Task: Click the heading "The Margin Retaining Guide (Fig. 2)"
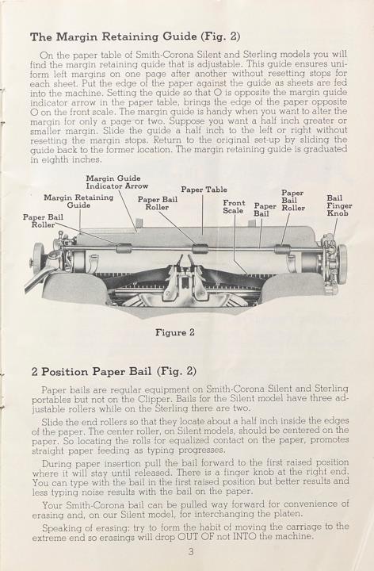pyautogui.click(x=135, y=36)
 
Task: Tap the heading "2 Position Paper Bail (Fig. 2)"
pyautogui.click(x=114, y=372)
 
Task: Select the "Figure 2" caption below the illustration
pyautogui.click(x=175, y=332)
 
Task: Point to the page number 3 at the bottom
pyautogui.click(x=191, y=552)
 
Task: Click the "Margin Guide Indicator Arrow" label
pyautogui.click(x=116, y=182)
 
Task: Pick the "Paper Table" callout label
pyautogui.click(x=204, y=190)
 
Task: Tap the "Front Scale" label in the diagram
pyautogui.click(x=234, y=206)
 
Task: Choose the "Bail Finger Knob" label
pyautogui.click(x=339, y=205)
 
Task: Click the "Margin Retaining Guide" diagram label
pyautogui.click(x=78, y=201)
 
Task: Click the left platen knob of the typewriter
pyautogui.click(x=37, y=259)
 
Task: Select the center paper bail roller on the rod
pyautogui.click(x=200, y=248)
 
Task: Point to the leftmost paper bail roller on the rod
pyautogui.click(x=124, y=248)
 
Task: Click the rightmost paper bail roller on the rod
pyautogui.click(x=282, y=249)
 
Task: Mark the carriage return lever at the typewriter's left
pyautogui.click(x=40, y=277)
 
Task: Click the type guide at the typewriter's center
pyautogui.click(x=185, y=277)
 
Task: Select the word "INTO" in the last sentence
pyautogui.click(x=244, y=536)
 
